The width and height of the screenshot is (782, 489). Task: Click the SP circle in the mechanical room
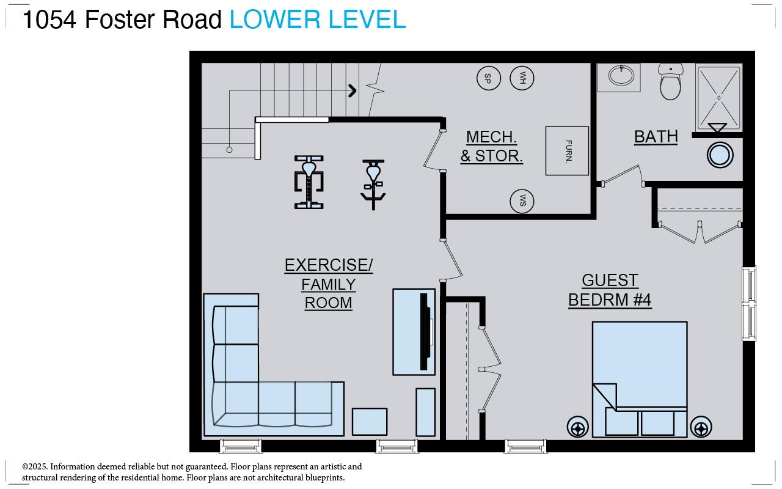click(x=488, y=78)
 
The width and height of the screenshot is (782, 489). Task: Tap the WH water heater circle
click(x=522, y=78)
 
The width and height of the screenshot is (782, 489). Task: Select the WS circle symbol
click(x=522, y=201)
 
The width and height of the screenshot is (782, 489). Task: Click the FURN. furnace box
click(x=567, y=151)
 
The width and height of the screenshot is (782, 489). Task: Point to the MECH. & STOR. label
click(x=491, y=146)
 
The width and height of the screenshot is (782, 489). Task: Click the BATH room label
click(x=656, y=136)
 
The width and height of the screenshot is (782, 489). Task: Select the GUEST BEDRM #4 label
click(x=610, y=290)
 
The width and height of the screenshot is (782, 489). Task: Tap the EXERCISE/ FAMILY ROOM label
click(x=329, y=284)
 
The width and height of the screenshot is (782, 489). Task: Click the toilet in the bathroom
click(x=670, y=84)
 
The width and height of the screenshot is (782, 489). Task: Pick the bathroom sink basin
click(x=621, y=76)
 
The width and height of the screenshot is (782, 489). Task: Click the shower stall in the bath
click(x=718, y=98)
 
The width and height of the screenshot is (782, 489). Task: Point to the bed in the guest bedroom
click(x=640, y=367)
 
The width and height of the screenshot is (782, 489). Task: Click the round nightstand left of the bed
click(x=578, y=427)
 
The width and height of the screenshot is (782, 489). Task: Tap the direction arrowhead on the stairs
click(x=353, y=91)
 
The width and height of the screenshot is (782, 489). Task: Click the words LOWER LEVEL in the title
click(x=317, y=20)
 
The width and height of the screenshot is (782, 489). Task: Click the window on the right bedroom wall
click(x=748, y=304)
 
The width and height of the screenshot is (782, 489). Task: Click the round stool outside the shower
click(x=720, y=155)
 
